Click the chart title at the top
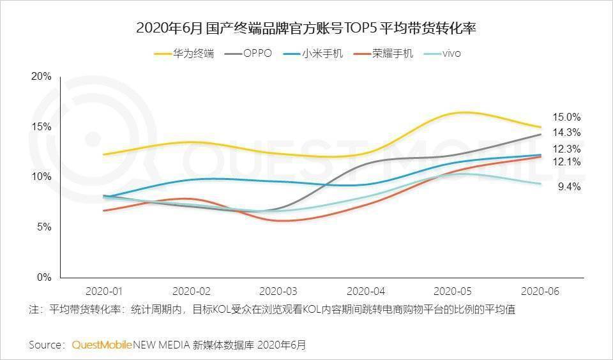[x=307, y=29]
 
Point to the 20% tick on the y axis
[x=42, y=77]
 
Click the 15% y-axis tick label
[x=42, y=126]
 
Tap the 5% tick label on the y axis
[x=43, y=227]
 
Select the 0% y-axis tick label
[x=43, y=278]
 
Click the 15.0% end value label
[x=567, y=117]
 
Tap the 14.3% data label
[x=567, y=133]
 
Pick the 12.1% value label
[x=567, y=162]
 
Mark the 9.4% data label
[x=569, y=187]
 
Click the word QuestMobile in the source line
[x=102, y=345]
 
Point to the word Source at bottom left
[x=46, y=345]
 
